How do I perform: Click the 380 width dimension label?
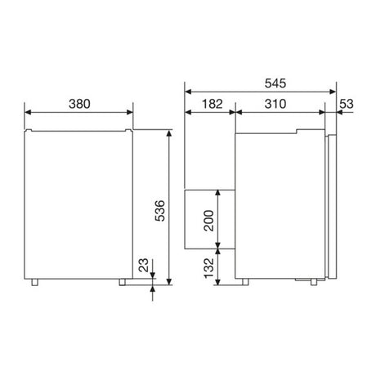[79, 104]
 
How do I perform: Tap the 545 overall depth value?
[275, 83]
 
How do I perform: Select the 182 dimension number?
[213, 104]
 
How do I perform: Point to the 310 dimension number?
[275, 104]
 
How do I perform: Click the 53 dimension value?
[347, 104]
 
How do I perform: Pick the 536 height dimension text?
[160, 211]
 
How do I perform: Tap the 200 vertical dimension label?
[208, 221]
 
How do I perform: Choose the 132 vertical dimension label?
[208, 268]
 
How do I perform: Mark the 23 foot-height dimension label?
[144, 265]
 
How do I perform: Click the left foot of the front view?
[34, 282]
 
